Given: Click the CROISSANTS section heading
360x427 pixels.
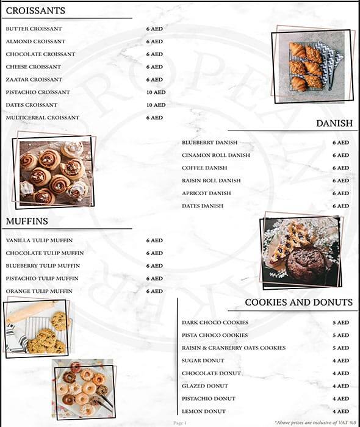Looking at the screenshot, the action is [35, 11].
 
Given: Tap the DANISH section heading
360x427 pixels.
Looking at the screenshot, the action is [334, 123].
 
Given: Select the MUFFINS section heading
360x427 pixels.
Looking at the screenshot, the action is [27, 221].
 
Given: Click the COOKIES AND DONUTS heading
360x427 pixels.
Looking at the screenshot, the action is [298, 303].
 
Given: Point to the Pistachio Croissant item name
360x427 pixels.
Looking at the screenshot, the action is [38, 93].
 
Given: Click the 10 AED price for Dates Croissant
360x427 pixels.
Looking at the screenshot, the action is [156, 105].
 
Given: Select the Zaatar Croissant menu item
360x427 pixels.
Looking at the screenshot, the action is [34, 80].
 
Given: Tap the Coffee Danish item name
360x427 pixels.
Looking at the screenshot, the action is [204, 168].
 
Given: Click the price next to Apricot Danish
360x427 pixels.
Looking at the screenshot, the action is [340, 193].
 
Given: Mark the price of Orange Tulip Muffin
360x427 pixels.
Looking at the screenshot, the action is [154, 292].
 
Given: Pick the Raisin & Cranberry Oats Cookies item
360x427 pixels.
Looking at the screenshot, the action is [234, 348].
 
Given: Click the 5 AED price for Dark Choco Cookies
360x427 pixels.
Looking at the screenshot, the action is [340, 323].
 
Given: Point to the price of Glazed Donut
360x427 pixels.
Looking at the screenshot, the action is [340, 386].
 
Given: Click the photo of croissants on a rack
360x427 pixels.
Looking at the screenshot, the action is [312, 65].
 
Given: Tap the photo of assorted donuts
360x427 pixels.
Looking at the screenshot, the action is [84, 389].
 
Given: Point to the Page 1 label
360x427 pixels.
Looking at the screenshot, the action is [180, 422].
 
